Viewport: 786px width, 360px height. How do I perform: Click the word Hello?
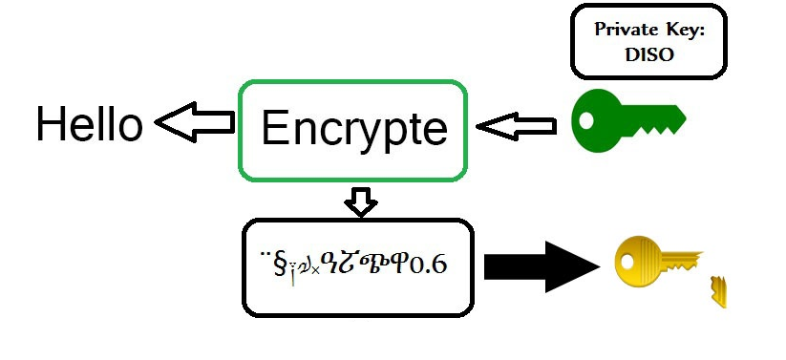point(89,124)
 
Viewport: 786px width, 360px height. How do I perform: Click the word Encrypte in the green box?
point(353,129)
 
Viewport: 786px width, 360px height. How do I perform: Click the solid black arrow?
point(541,265)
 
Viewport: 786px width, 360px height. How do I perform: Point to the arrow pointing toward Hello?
point(196,122)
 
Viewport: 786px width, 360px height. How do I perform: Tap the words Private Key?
point(648,29)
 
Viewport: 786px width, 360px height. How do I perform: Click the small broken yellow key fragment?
point(718,290)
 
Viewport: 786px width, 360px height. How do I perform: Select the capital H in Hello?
point(51,124)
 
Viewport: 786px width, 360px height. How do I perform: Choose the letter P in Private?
point(600,29)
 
